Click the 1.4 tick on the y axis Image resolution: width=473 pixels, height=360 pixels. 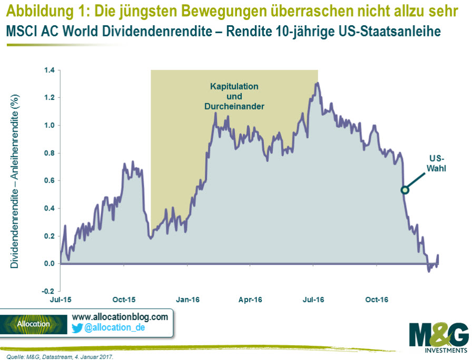[48, 70]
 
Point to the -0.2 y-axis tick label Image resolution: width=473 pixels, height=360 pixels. [47, 291]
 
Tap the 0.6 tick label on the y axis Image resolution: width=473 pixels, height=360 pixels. [48, 181]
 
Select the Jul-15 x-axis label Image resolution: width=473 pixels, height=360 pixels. [60, 300]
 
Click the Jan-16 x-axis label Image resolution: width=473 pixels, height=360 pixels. [187, 300]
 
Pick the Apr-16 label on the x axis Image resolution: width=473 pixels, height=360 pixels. [250, 300]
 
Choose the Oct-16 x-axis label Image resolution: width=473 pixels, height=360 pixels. [377, 300]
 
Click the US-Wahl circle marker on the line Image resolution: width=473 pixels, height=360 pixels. [405, 190]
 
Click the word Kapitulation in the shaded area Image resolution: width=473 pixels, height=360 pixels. [234, 86]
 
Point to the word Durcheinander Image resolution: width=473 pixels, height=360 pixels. [234, 106]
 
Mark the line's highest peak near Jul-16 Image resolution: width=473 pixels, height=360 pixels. [317, 83]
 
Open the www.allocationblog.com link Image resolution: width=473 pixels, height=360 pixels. [120, 317]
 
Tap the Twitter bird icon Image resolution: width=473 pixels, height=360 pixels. [77, 328]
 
